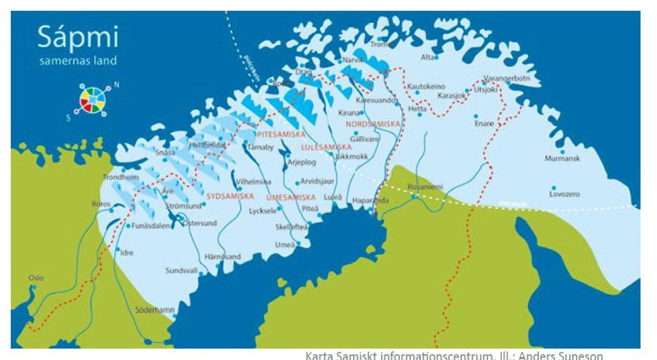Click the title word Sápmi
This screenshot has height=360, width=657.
[x=77, y=38]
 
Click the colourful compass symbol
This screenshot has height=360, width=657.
[x=93, y=98]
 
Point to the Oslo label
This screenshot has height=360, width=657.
[x=36, y=277]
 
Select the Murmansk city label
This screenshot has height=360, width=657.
[x=561, y=158]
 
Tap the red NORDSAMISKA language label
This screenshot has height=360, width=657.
[x=373, y=124]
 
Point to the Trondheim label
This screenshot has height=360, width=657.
[x=120, y=177]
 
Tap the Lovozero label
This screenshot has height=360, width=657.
[x=564, y=194]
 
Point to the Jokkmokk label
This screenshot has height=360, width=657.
[x=351, y=156]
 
